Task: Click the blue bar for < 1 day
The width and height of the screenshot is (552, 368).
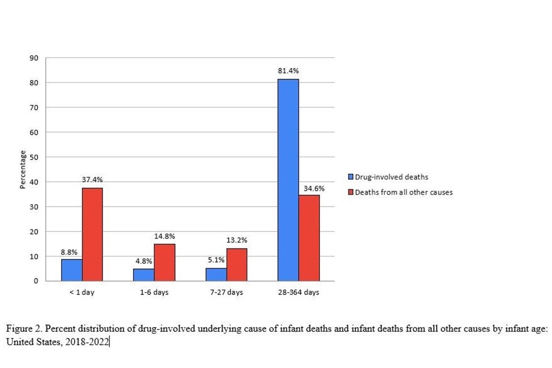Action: point(72,269)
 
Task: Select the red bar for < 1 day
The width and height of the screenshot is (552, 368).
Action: point(92,234)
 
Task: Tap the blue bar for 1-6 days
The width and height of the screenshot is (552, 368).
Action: point(144,275)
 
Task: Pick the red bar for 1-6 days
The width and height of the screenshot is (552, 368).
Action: point(164,262)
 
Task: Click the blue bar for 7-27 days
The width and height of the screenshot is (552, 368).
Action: point(216,274)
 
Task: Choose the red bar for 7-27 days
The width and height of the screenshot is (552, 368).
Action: point(237,264)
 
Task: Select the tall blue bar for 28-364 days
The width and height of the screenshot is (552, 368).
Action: point(288,180)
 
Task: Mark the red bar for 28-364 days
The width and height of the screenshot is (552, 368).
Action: point(309,238)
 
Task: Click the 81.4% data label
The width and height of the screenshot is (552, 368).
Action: point(288,71)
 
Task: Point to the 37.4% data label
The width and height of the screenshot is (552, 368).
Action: point(92,179)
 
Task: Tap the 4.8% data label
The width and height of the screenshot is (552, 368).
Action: point(144,260)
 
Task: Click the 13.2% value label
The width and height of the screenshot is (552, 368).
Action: point(237,240)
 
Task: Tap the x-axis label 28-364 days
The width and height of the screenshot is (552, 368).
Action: point(298,292)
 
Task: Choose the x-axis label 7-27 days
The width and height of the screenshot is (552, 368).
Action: point(226,292)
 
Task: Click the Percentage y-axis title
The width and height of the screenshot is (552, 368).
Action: point(23,169)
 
